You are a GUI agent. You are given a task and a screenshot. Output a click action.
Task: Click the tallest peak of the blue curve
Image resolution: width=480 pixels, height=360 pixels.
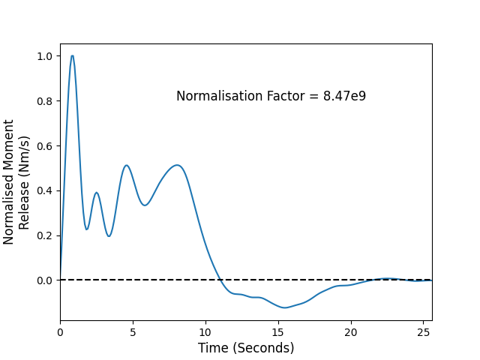(72, 55)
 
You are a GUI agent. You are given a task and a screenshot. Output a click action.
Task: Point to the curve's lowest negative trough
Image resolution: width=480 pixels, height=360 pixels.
(285, 307)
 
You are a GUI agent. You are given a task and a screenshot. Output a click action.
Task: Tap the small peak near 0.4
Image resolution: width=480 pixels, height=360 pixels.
(97, 193)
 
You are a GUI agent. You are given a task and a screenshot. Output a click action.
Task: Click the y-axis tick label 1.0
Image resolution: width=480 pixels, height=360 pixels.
(45, 56)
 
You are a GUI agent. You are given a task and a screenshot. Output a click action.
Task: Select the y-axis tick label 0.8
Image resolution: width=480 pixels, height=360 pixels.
(45, 101)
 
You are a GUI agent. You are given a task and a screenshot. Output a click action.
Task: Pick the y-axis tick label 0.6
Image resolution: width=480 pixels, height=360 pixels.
(45, 146)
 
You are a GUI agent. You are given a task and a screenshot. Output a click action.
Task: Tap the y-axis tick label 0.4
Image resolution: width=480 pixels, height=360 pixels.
(45, 190)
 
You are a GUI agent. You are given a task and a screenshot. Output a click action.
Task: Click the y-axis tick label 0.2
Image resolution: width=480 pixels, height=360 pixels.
(45, 235)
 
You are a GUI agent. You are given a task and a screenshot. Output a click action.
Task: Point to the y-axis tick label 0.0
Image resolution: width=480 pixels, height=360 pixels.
(45, 280)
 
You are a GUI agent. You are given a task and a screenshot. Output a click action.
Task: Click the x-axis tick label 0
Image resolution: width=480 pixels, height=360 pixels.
(60, 332)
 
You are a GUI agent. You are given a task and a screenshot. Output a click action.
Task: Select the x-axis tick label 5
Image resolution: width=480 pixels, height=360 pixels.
(133, 332)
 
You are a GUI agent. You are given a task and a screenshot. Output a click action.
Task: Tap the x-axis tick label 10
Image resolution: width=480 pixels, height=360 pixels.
(205, 332)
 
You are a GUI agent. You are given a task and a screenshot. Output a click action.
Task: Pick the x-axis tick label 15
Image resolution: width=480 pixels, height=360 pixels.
(278, 332)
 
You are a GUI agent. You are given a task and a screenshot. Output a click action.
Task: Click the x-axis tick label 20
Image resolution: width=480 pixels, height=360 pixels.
(351, 332)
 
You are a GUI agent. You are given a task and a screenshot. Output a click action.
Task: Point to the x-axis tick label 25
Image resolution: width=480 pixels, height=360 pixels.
(423, 332)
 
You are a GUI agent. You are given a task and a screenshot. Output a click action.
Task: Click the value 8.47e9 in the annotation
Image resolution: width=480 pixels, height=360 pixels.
(344, 96)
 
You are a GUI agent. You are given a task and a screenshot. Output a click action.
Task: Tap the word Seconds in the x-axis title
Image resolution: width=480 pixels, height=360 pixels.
(263, 348)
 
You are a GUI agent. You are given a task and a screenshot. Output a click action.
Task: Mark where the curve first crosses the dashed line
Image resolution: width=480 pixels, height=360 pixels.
(220, 280)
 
